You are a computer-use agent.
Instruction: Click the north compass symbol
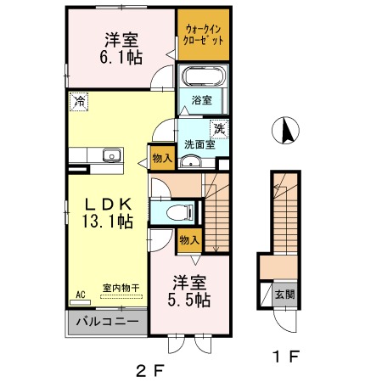click(285, 131)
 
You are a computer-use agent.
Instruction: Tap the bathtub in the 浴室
click(204, 76)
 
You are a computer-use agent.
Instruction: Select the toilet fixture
click(180, 212)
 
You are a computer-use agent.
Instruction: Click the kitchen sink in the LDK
click(112, 155)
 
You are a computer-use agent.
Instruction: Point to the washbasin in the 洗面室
click(191, 162)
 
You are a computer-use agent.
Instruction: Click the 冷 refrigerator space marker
click(79, 102)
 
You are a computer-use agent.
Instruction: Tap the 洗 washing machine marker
click(219, 129)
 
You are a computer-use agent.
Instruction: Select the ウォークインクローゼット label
click(203, 35)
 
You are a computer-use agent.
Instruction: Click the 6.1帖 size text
click(121, 58)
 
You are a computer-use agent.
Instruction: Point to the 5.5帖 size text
click(189, 301)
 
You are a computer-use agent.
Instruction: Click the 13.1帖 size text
click(108, 222)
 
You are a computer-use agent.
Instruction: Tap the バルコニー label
click(107, 322)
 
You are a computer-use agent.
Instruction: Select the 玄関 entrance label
click(285, 295)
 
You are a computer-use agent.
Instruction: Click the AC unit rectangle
click(80, 302)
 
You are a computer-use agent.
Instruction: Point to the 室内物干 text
click(121, 288)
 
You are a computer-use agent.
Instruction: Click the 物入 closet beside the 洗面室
click(162, 158)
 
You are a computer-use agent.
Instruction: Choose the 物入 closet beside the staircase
click(189, 240)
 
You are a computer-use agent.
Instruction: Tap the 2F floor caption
click(150, 371)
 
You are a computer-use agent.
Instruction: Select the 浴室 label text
click(202, 100)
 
